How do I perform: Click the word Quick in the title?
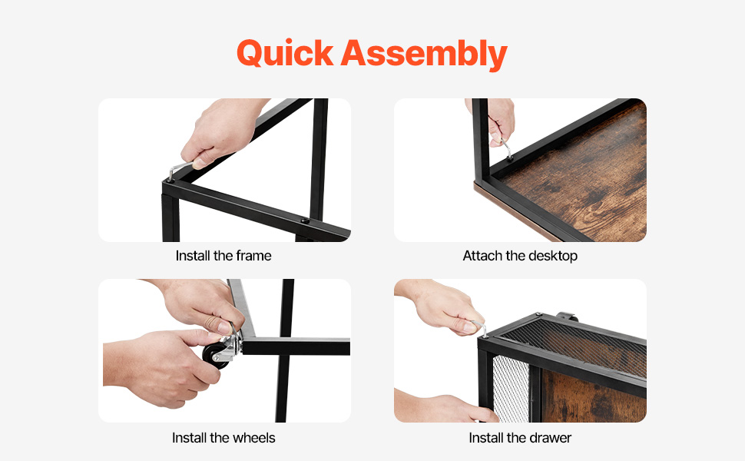(285, 53)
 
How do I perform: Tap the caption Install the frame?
(223, 256)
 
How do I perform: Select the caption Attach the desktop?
(520, 256)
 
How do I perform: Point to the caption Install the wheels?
(223, 438)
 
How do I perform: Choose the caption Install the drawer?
(520, 438)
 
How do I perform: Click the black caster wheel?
(216, 355)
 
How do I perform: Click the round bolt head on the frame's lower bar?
(304, 221)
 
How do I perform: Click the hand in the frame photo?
(221, 131)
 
